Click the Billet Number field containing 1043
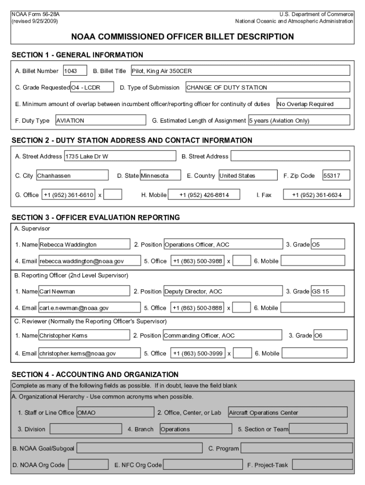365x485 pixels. tap(75, 71)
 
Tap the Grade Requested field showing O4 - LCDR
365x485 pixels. tap(92, 88)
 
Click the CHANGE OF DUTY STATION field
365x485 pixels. tap(267, 88)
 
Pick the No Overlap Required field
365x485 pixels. tap(313, 104)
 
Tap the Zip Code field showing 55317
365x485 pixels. tap(336, 176)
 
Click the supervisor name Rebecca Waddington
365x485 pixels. tap(84, 245)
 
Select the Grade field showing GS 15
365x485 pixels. tap(328, 292)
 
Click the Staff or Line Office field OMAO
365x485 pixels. tap(115, 413)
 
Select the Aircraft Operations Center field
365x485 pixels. tap(287, 413)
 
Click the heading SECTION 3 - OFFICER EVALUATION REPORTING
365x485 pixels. tap(96, 218)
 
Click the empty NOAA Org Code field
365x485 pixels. tap(88, 465)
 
